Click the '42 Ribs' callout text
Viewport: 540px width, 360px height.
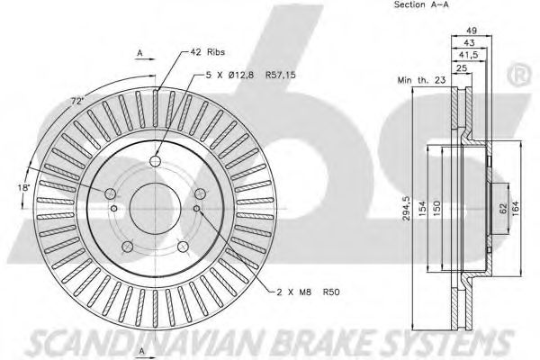tap(208, 52)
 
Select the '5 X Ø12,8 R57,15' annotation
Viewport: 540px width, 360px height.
tap(251, 75)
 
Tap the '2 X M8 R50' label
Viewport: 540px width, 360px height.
tap(309, 292)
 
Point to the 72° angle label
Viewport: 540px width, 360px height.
tap(77, 102)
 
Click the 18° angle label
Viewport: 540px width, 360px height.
tap(24, 188)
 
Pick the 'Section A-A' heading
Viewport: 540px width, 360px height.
tap(421, 4)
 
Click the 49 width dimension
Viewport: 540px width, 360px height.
tap(471, 31)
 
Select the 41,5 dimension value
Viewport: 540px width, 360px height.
tap(469, 55)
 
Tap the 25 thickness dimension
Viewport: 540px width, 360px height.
tap(462, 67)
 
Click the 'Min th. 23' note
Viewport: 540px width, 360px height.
tap(421, 80)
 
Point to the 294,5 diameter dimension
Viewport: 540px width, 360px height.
tap(408, 209)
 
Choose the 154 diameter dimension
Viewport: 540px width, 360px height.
tap(423, 209)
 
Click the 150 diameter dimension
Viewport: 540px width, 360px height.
tap(436, 209)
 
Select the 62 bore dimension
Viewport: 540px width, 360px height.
tap(503, 209)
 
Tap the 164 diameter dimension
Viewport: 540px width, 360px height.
tap(515, 209)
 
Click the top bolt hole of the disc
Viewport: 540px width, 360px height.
tap(156, 160)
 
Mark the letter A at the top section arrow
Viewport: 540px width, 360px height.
tap(139, 53)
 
